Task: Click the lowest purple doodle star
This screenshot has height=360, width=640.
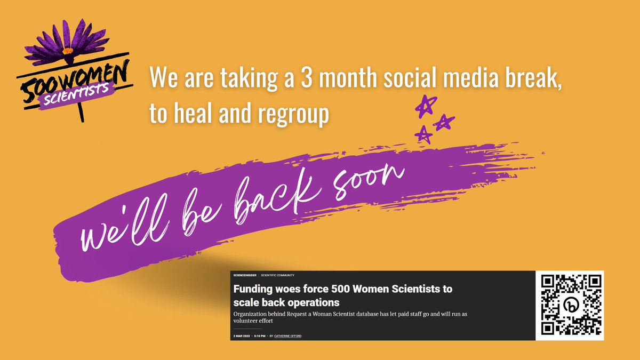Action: pos(423,134)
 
